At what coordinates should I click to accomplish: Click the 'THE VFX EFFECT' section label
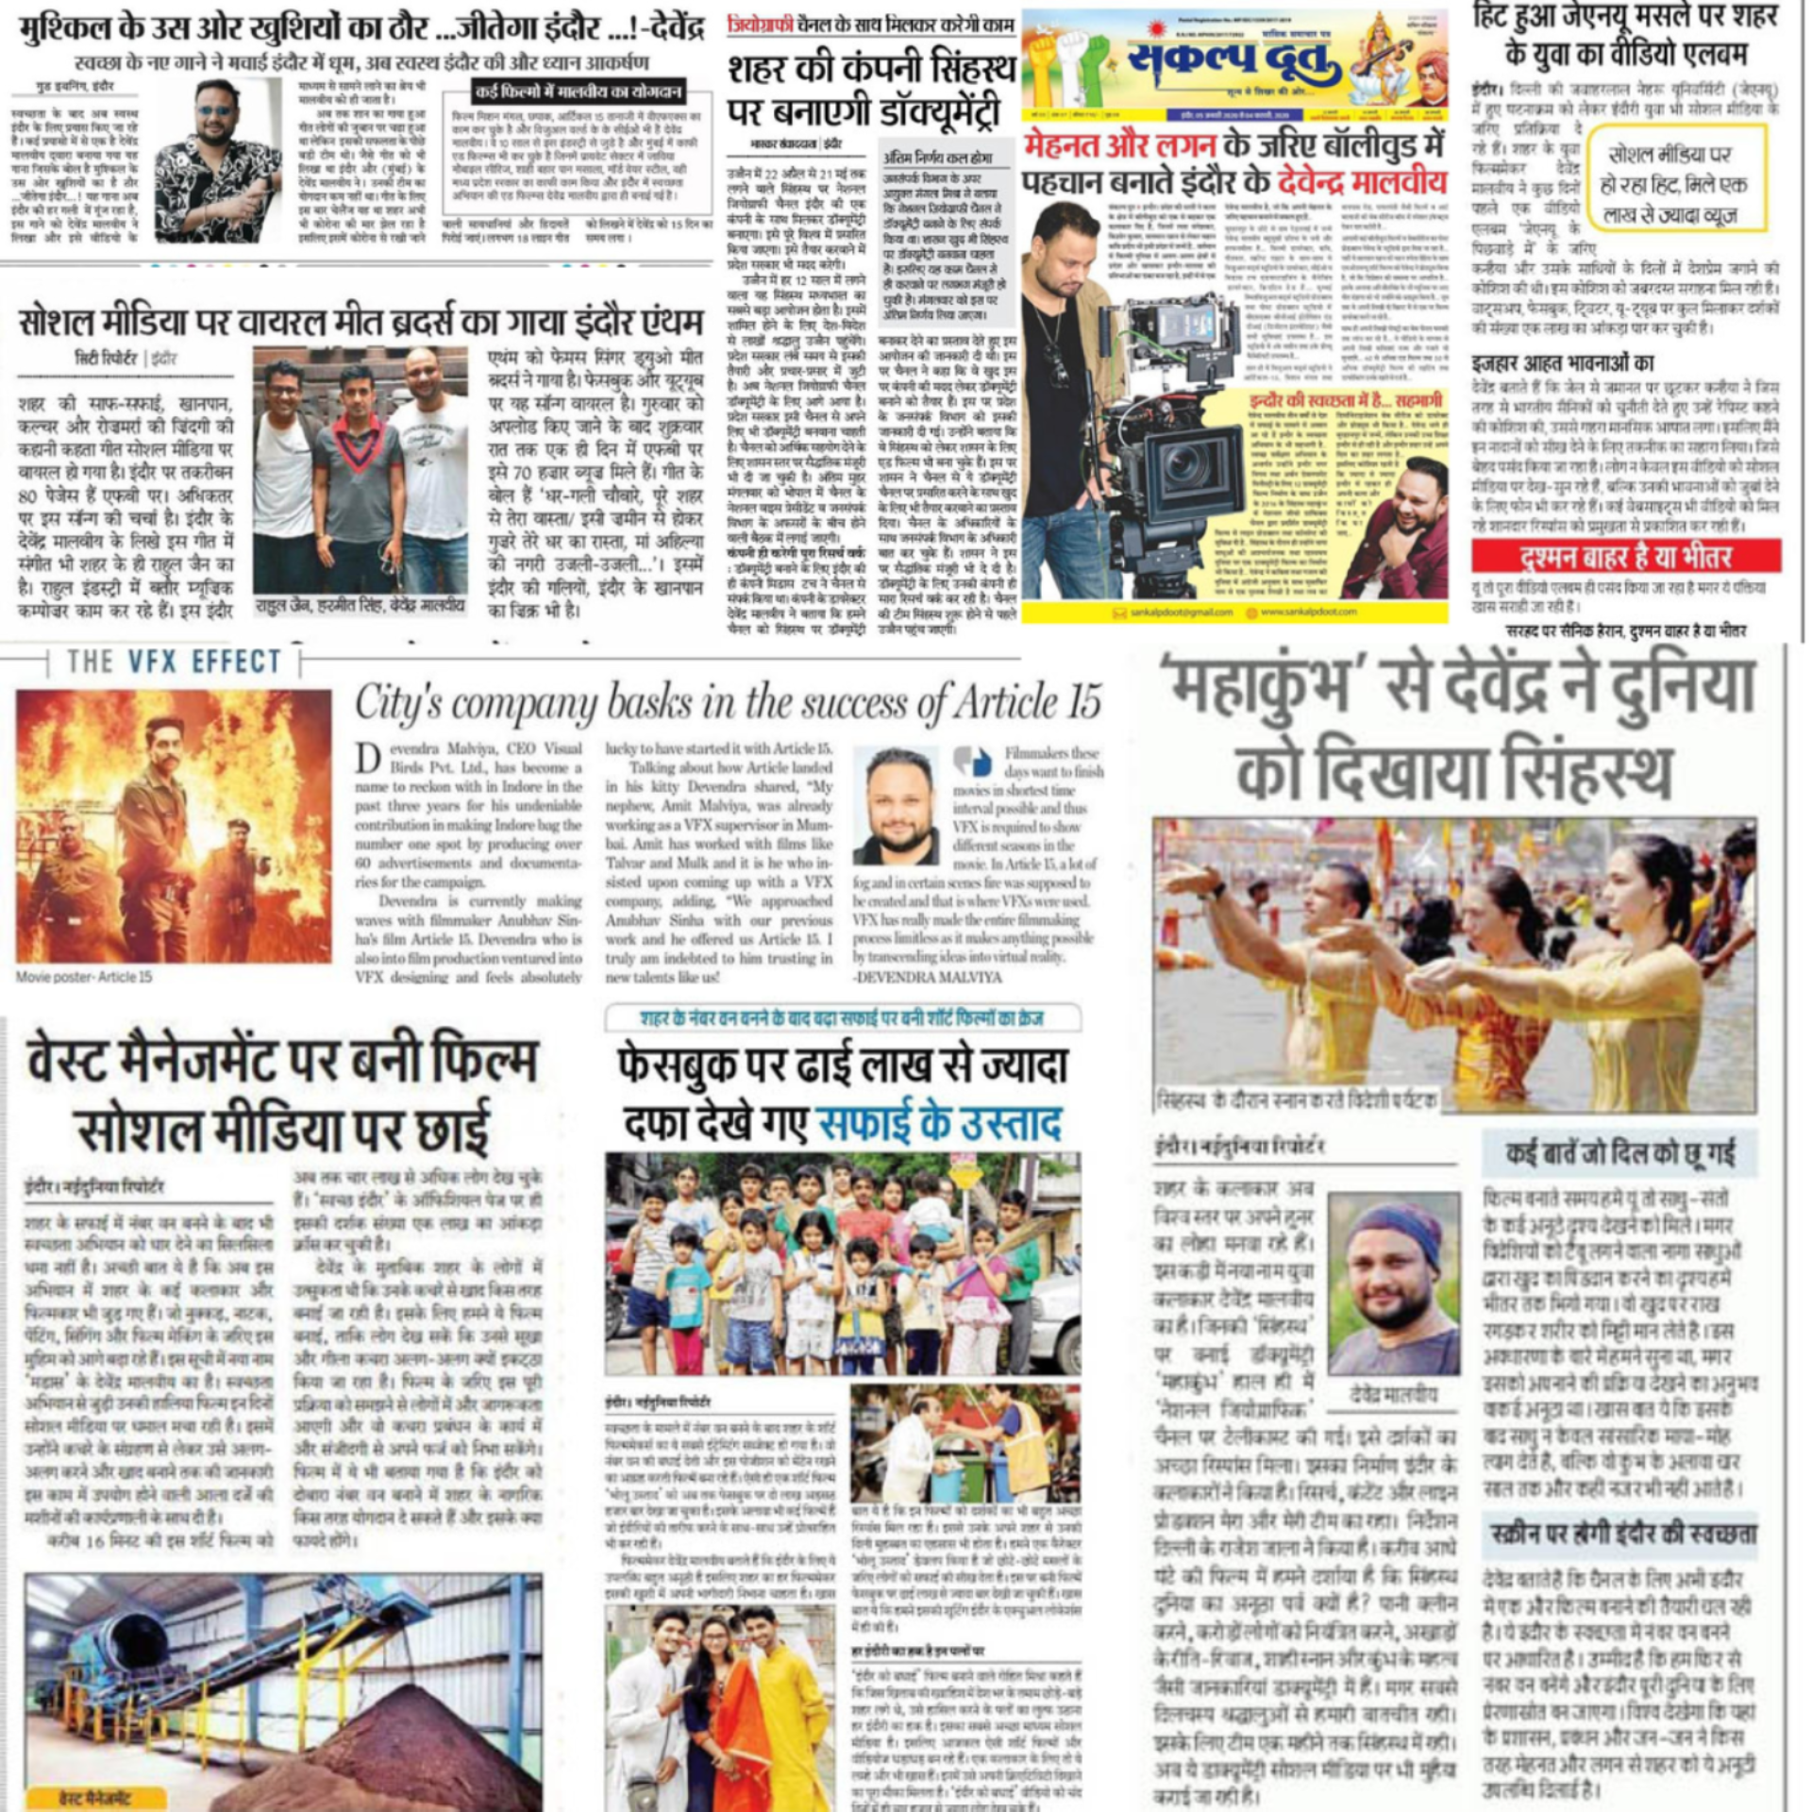[x=174, y=662]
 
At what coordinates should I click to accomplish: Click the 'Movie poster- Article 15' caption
[x=83, y=977]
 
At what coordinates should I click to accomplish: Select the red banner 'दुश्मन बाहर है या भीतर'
[x=1625, y=557]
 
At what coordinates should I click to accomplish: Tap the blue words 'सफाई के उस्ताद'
[x=940, y=1123]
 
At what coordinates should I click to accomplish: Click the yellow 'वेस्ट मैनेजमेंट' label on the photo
[x=94, y=1798]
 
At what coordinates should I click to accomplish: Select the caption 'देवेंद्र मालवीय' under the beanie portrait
[x=1392, y=1394]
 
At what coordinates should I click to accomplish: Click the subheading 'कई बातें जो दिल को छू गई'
[x=1619, y=1153]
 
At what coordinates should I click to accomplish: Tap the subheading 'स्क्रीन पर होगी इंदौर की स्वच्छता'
[x=1623, y=1535]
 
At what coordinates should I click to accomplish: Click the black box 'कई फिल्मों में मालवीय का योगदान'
[x=579, y=92]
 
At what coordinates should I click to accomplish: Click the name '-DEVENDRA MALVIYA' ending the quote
[x=928, y=977]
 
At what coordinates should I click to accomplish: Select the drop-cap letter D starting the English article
[x=368, y=757]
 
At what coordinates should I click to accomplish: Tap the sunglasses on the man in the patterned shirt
[x=219, y=110]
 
